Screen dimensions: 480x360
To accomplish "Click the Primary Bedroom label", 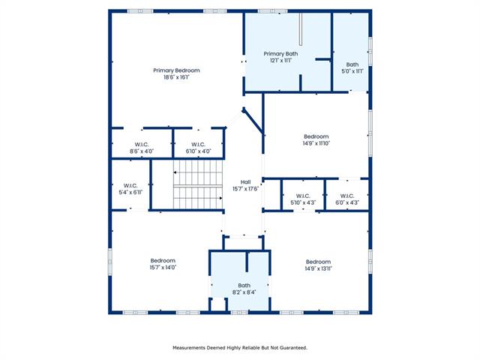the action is (176, 70).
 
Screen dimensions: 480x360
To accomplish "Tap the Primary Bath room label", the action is (280, 54).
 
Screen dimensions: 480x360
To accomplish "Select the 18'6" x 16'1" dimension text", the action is (176, 77).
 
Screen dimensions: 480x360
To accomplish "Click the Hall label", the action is (245, 181).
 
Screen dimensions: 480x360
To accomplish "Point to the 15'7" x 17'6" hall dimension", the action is (245, 189).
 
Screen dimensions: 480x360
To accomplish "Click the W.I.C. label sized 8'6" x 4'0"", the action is (142, 145).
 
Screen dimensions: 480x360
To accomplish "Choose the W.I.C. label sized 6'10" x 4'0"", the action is (198, 145).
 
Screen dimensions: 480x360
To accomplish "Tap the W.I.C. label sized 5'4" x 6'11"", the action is (130, 185).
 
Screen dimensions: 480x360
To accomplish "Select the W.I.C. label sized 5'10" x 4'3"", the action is (303, 196).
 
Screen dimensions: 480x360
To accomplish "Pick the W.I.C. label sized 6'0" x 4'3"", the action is (347, 196).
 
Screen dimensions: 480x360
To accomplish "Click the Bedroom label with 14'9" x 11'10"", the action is (316, 136).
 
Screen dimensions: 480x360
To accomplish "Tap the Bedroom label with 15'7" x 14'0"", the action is (163, 261).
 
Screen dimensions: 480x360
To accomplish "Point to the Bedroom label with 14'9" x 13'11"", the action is (318, 262).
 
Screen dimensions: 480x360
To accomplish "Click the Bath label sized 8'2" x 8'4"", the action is (244, 285).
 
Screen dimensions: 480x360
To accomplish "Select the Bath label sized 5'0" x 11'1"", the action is (352, 64).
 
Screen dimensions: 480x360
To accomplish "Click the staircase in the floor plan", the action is (198, 184).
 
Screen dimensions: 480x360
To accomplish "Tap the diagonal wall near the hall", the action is (253, 121).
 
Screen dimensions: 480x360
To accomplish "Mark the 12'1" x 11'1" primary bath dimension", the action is (280, 61).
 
